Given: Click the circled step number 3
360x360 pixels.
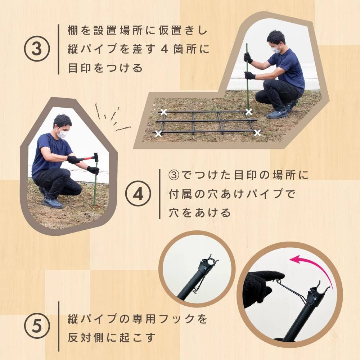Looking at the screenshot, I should (x=36, y=49).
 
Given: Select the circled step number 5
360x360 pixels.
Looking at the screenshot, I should (x=36, y=326).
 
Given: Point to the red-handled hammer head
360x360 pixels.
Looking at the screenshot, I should (x=96, y=157).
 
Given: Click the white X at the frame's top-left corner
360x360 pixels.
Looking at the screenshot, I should (x=163, y=112).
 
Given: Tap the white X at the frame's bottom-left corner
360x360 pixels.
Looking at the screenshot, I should (x=158, y=134).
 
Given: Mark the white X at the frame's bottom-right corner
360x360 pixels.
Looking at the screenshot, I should (x=257, y=133).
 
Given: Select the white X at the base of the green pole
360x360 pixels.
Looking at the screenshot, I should (x=248, y=112).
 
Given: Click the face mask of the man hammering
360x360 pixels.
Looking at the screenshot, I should (x=62, y=134).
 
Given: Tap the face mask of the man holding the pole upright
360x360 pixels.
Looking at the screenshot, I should (x=276, y=49).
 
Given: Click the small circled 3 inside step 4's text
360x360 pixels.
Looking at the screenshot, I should (x=174, y=175).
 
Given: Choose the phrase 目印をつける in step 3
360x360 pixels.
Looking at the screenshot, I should (x=105, y=68).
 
